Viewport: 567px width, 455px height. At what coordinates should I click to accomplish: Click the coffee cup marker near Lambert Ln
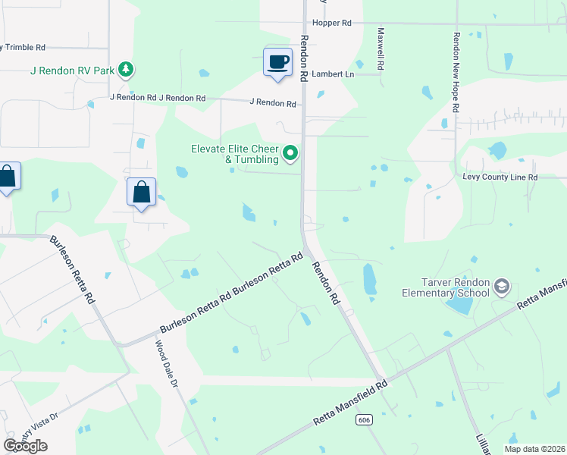click(x=278, y=61)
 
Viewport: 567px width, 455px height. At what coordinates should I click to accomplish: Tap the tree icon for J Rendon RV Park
click(x=126, y=71)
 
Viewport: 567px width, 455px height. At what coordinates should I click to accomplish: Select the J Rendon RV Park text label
click(x=72, y=71)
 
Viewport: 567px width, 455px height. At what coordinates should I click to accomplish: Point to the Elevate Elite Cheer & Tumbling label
click(x=234, y=155)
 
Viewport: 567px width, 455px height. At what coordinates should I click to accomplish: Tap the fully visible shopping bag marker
click(x=142, y=192)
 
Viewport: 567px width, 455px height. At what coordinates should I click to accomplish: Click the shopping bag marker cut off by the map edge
click(x=8, y=177)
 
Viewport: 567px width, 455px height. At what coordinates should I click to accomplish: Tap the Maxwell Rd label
click(x=381, y=49)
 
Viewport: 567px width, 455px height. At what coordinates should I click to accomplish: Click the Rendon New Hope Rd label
click(x=456, y=72)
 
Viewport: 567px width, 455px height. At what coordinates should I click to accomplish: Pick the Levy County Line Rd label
click(x=500, y=177)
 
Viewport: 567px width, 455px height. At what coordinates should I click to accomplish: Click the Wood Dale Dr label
click(x=166, y=365)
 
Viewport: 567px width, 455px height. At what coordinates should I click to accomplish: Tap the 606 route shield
click(x=365, y=419)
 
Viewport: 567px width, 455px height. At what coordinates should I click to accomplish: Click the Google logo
click(x=25, y=446)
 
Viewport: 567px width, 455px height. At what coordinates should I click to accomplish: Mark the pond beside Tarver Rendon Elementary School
click(x=459, y=305)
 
